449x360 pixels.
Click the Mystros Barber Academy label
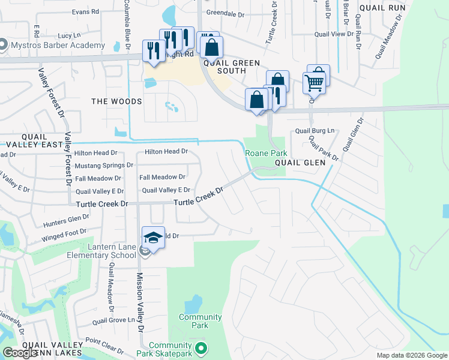(x=56, y=45)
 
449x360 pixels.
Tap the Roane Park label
(x=262, y=153)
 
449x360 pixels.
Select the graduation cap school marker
(x=153, y=238)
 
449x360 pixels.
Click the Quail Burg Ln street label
(x=314, y=131)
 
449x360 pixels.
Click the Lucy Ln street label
(x=70, y=36)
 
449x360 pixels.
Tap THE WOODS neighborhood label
(x=116, y=101)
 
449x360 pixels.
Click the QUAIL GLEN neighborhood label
(x=300, y=163)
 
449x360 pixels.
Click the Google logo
(x=20, y=353)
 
